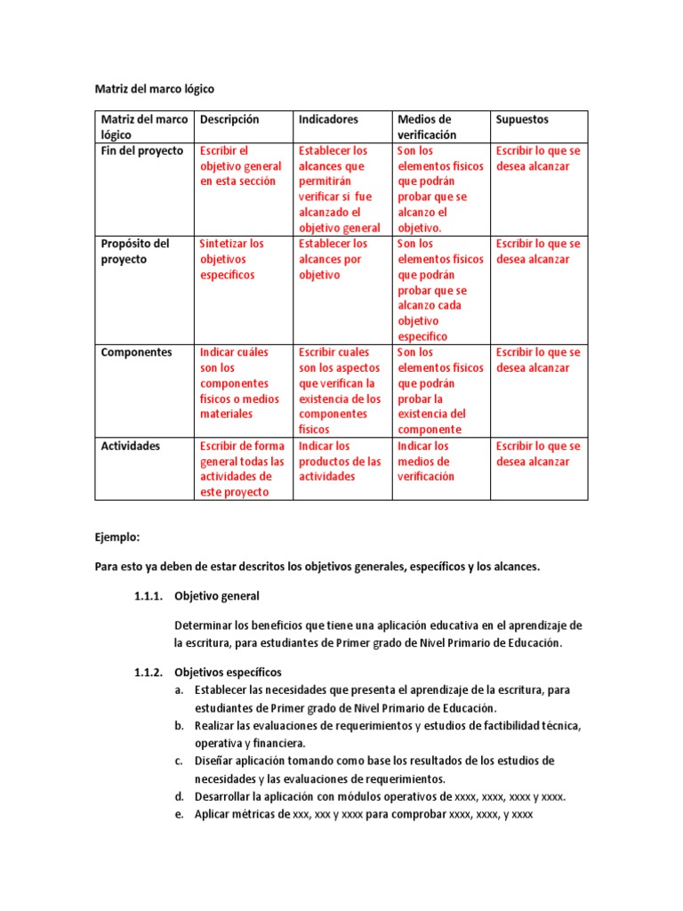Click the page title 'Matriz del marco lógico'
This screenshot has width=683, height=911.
coord(155,89)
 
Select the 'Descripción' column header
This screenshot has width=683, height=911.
coord(229,119)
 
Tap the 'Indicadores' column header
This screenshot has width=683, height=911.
coord(328,119)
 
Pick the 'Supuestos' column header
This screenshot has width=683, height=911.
coord(522,119)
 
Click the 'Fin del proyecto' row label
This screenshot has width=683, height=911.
coord(142,151)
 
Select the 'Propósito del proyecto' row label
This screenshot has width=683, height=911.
coord(135,251)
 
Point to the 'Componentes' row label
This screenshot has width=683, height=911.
coord(137,352)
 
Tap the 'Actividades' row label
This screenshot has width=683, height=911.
coord(131,446)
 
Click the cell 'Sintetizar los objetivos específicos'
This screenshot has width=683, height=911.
coord(232,259)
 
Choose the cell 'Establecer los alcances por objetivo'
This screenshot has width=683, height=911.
coord(333,259)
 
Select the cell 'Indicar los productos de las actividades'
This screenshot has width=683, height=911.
coord(339,461)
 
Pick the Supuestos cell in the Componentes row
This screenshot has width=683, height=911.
coord(537,359)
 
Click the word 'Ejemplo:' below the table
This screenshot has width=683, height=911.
coord(117,538)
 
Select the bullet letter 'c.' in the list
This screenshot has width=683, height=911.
coord(180,761)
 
